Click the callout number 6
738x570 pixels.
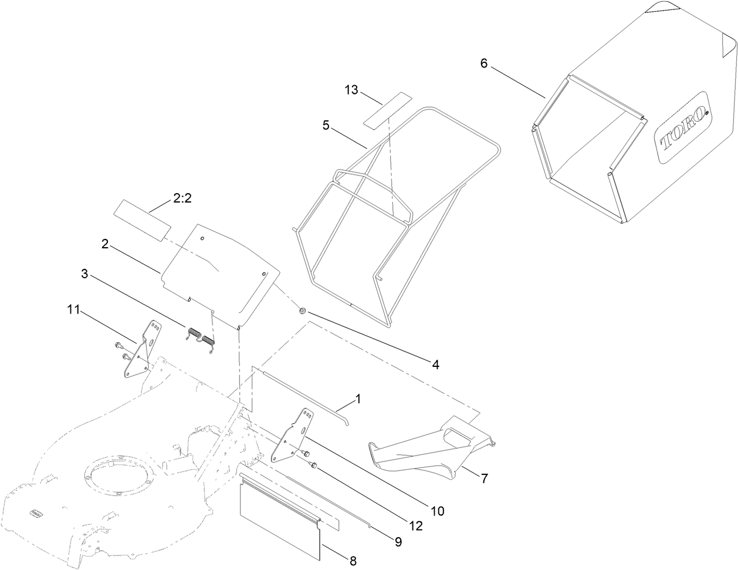tap(483, 63)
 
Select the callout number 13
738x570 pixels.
tap(351, 90)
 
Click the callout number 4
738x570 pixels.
tap(435, 364)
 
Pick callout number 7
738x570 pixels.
tap(484, 478)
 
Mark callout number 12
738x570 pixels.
tap(417, 526)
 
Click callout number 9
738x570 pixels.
tap(398, 542)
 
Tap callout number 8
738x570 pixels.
tap(353, 560)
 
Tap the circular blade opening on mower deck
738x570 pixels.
tap(122, 475)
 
